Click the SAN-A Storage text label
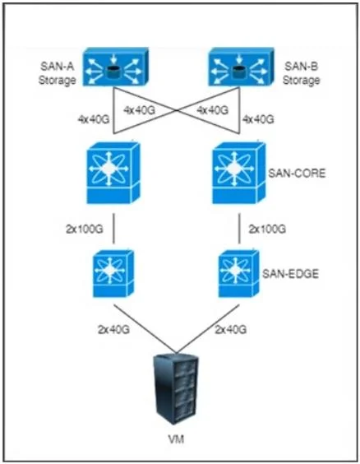57,73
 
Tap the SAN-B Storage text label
301,73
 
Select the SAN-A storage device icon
116,67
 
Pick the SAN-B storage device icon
241,67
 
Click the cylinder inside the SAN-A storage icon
113,72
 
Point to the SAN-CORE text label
297,173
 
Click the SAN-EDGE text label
290,274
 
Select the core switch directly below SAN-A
113,173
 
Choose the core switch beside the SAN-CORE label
239,173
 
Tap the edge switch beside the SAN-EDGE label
239,274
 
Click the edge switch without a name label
113,274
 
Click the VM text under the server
176,439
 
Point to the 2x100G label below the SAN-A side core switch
85,230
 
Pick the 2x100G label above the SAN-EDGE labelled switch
267,230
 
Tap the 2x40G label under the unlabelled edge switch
113,330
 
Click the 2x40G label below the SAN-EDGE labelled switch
230,330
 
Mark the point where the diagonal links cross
177,110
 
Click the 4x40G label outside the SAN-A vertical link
94,119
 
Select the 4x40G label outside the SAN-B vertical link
258,119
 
